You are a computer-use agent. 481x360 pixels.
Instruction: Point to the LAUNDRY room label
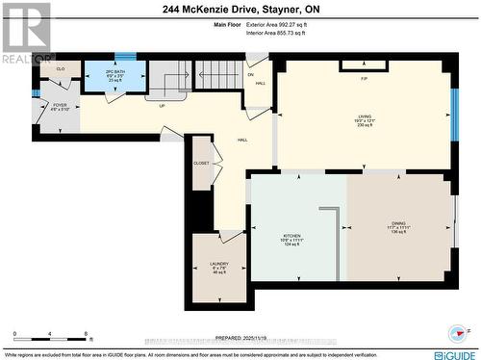point(218,266)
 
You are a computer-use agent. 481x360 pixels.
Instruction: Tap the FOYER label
point(60,105)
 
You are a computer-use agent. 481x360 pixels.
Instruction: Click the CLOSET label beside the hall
point(201,164)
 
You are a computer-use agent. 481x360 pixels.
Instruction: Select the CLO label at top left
point(61,69)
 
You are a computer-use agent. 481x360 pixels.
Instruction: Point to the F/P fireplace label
point(365,78)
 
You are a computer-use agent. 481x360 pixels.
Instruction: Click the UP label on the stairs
point(162,106)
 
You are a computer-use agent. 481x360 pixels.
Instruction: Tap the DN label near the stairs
point(250,74)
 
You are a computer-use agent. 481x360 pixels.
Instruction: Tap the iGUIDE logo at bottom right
point(455,353)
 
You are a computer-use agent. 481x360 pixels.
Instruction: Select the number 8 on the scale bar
point(88,334)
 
